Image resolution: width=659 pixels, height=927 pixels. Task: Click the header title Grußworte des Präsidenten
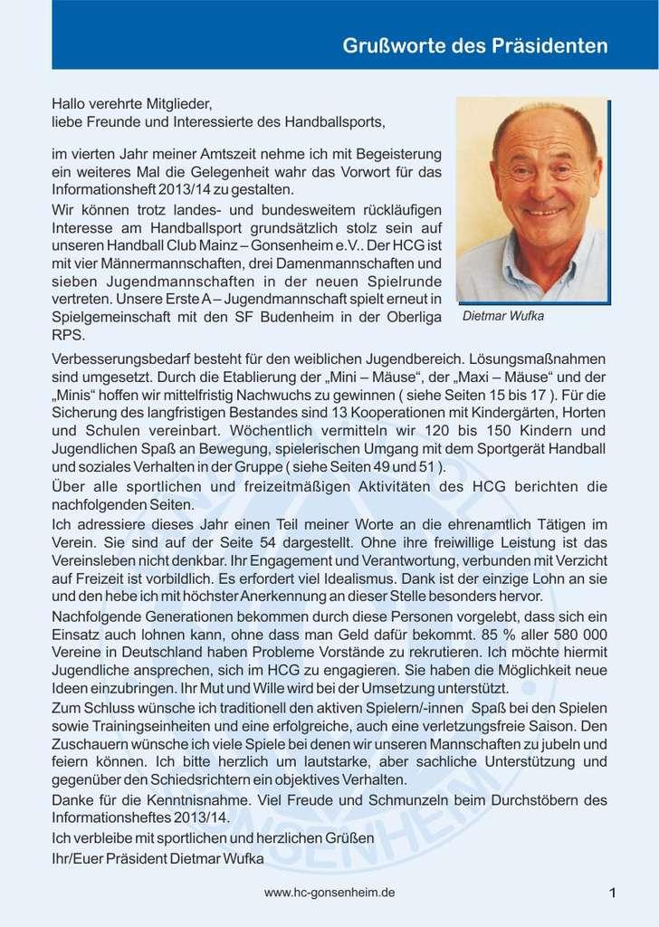tap(474, 45)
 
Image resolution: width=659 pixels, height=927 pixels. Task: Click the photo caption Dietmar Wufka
tap(504, 317)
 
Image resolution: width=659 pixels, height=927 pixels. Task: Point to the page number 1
tap(613, 894)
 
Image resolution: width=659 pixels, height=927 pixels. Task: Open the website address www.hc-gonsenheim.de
tap(329, 893)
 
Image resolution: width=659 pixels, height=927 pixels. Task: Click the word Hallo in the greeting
tap(69, 103)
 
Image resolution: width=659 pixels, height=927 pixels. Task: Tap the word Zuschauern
tap(92, 743)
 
